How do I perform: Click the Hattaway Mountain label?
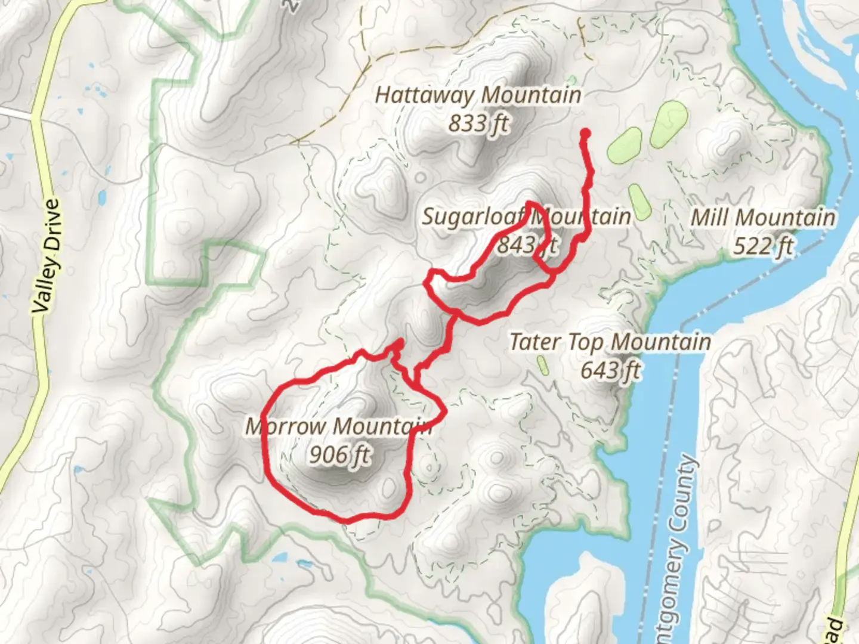[478, 95]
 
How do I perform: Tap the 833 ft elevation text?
[478, 123]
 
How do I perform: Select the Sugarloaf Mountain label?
[526, 216]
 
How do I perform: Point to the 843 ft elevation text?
[528, 244]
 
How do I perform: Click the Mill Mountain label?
[763, 218]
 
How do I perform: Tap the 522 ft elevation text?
[763, 246]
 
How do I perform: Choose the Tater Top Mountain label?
[610, 342]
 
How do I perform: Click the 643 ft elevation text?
[610, 370]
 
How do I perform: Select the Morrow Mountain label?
[339, 426]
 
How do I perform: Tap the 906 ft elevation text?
[339, 455]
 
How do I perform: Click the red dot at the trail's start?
[585, 134]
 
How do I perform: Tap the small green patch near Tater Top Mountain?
[543, 365]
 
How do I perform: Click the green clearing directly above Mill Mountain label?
[638, 201]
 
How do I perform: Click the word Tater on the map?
[534, 342]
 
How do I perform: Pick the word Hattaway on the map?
[424, 95]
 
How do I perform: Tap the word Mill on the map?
[710, 218]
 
